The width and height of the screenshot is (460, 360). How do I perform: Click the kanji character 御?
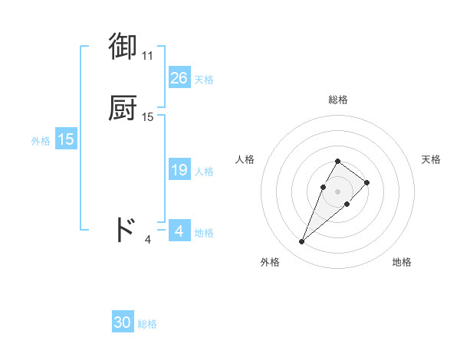pos(123,47)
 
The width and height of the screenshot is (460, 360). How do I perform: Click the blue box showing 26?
pos(179,78)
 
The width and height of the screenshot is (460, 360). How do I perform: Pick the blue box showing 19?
pos(179,170)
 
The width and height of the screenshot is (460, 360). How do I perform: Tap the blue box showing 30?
pos(123,323)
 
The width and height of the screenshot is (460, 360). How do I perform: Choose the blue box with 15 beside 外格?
pos(66,140)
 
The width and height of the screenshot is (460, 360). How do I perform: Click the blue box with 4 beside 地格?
pos(179,231)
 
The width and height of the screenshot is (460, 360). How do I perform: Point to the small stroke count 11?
pos(147,56)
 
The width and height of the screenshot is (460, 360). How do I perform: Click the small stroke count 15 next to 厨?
pos(148,117)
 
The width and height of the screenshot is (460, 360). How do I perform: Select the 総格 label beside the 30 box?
pos(147,324)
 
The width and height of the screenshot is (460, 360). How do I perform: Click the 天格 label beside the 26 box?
pos(204,79)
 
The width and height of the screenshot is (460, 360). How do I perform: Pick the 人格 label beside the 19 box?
pos(205,171)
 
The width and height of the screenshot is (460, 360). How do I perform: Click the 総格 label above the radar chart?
pos(337,100)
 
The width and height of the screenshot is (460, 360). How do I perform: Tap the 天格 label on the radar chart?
pos(431,159)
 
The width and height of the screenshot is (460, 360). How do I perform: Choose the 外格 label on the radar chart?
pos(270,262)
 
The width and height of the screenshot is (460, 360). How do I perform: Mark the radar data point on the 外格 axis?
pos(301,242)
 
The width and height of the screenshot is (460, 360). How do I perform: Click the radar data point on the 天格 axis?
pos(367,182)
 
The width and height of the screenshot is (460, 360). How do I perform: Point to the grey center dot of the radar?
pos(337,191)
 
